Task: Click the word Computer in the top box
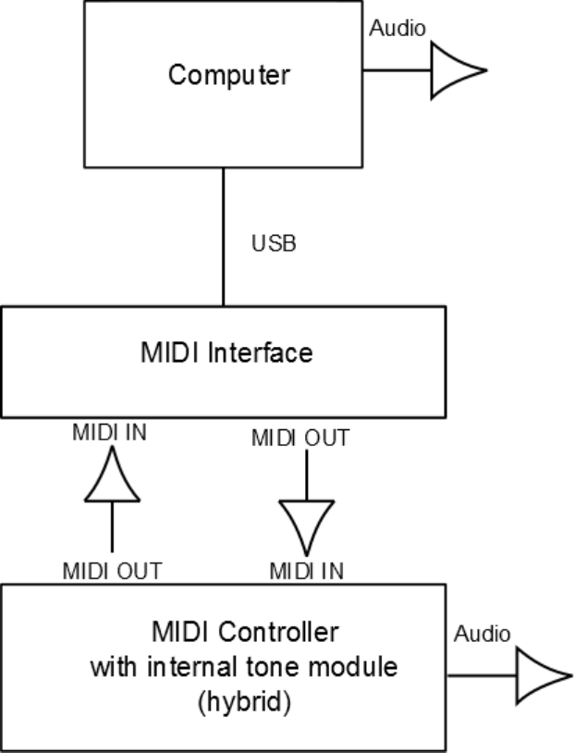coord(228,74)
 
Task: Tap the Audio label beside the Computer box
coord(398,28)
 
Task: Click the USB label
coord(274,245)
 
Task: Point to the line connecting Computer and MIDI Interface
coord(223,236)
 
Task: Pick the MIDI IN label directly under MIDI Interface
coord(109,431)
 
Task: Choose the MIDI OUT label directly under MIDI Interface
coord(300,438)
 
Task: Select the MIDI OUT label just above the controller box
coord(112,571)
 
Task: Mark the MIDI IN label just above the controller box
coord(306,571)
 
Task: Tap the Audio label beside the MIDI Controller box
coord(482,635)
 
